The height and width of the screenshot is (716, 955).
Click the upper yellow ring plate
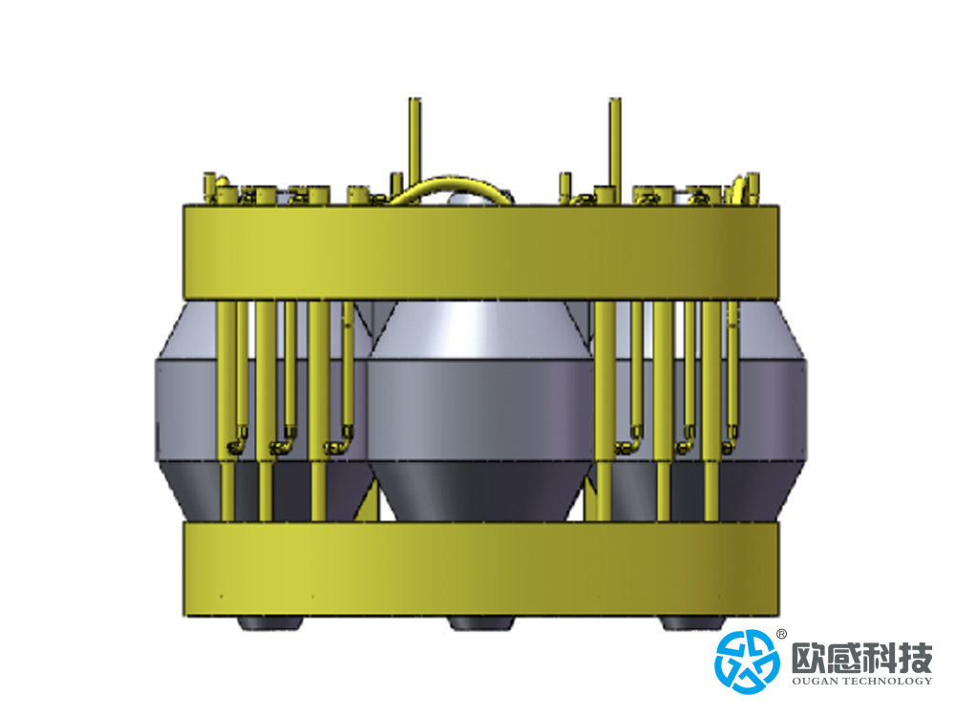[481, 253]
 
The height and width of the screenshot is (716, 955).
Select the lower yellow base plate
[481, 569]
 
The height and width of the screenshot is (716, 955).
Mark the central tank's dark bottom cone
[481, 491]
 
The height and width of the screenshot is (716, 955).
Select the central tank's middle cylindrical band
[481, 411]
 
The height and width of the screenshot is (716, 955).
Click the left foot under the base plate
[270, 622]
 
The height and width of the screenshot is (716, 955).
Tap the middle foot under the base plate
[481, 622]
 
